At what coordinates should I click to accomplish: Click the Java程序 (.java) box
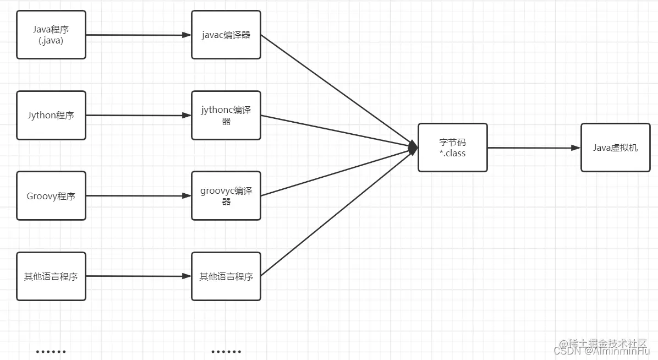(51, 34)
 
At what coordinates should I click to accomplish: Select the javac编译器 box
(226, 34)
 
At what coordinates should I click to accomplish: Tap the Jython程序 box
(51, 115)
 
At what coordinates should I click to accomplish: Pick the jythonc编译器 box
(226, 115)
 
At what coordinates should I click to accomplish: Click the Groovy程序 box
(51, 195)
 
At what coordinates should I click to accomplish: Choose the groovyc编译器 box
(226, 195)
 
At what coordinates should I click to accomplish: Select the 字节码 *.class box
(452, 148)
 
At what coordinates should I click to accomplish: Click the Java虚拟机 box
(615, 148)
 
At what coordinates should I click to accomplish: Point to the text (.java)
(51, 40)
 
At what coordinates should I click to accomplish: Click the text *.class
(452, 154)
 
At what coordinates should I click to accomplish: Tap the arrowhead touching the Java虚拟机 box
(576, 148)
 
